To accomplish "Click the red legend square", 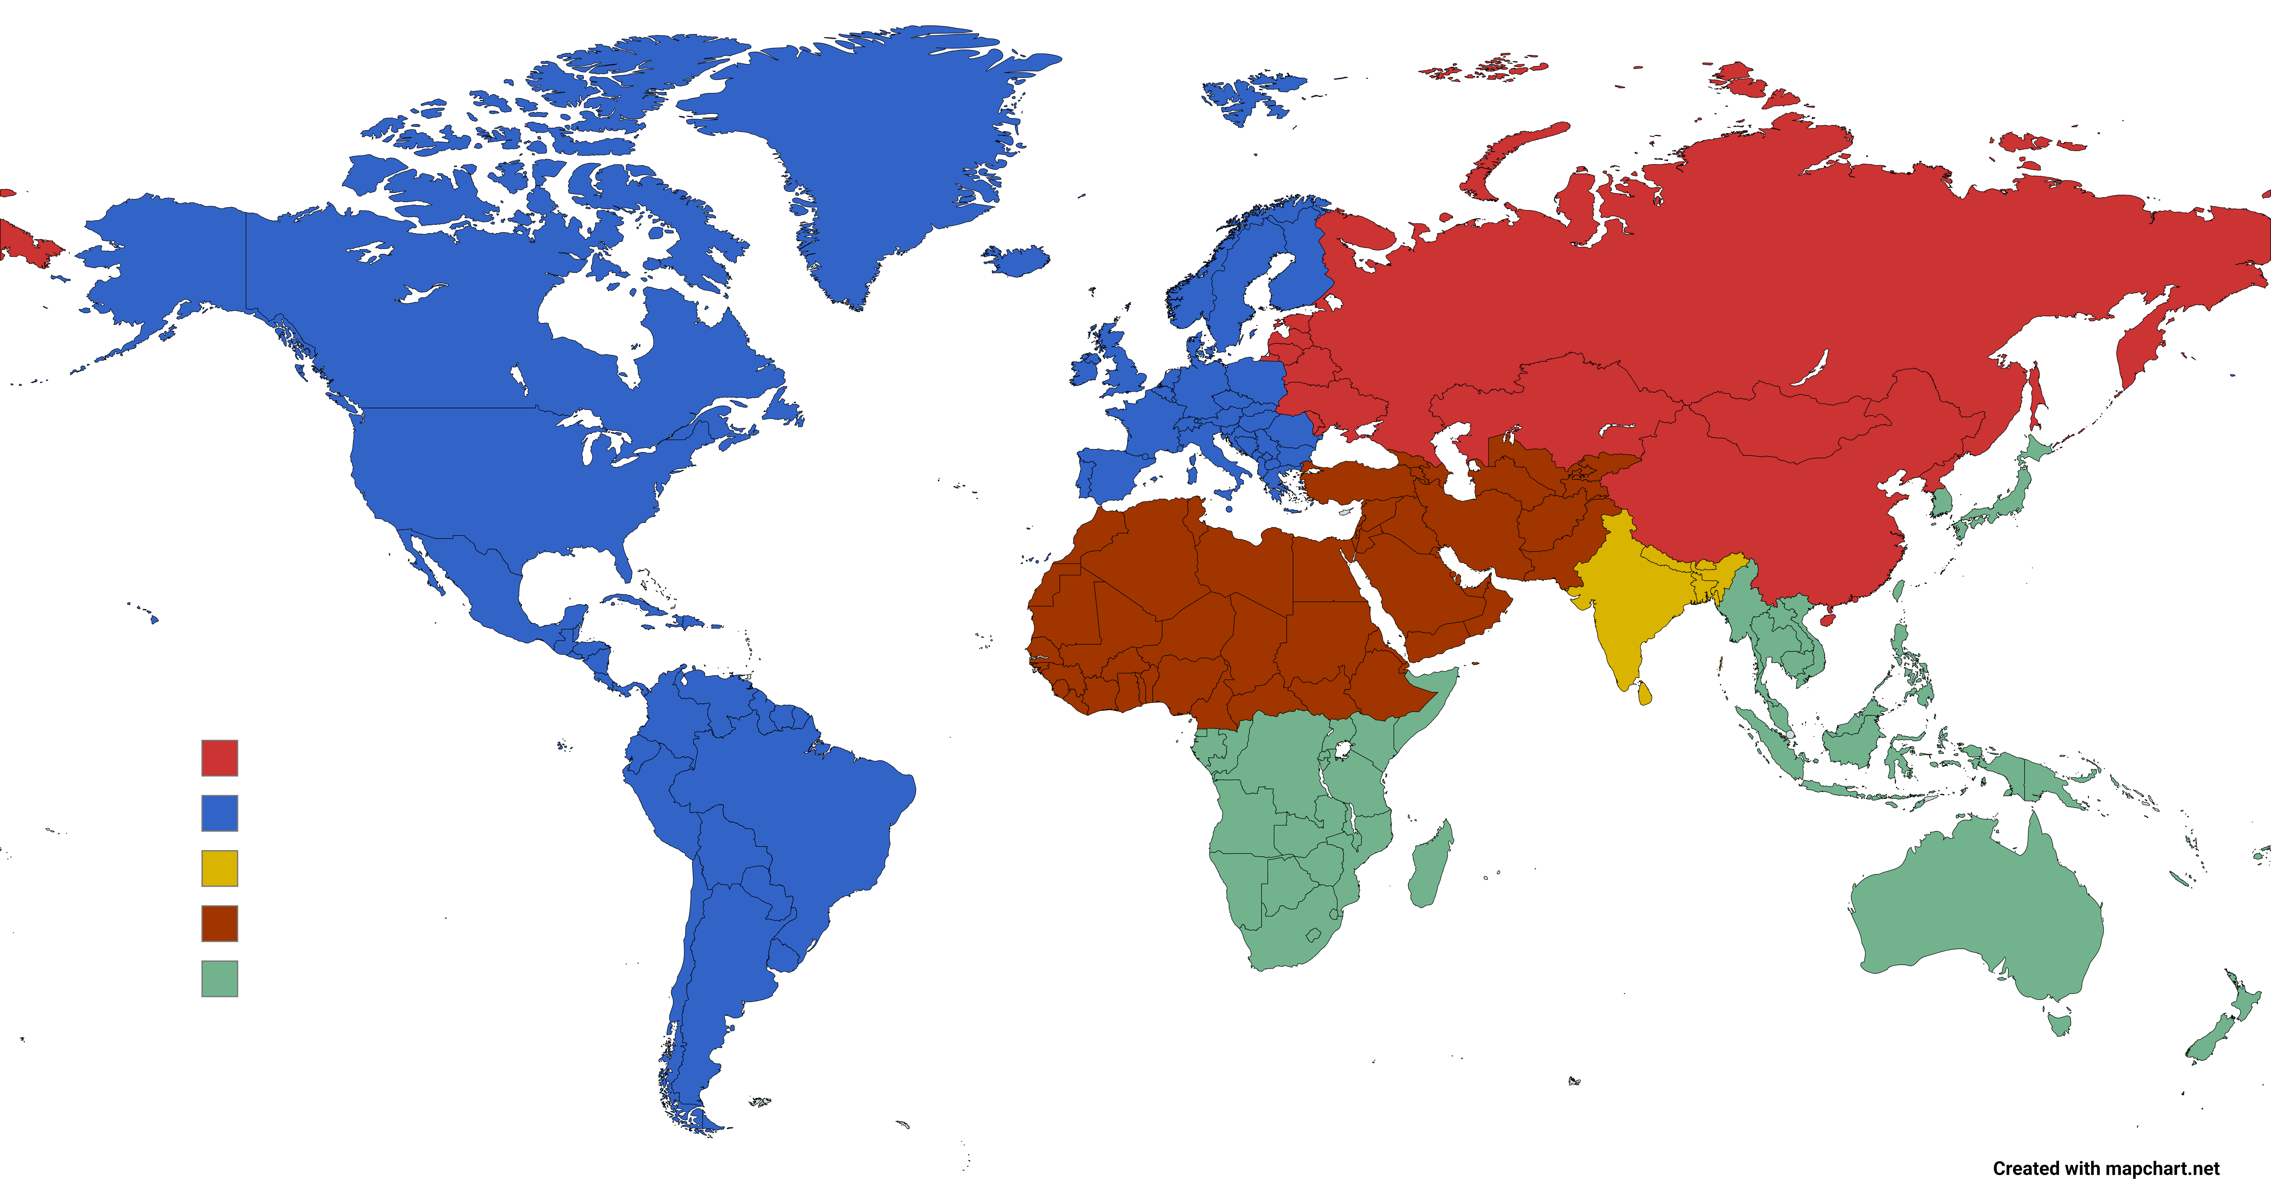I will pos(219,758).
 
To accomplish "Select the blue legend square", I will pos(219,813).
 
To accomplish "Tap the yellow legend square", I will pos(219,868).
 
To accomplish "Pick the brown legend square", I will pos(219,924).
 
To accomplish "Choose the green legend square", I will pos(219,978).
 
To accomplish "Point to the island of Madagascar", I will pos(1430,864).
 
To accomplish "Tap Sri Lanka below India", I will pos(1643,693).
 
